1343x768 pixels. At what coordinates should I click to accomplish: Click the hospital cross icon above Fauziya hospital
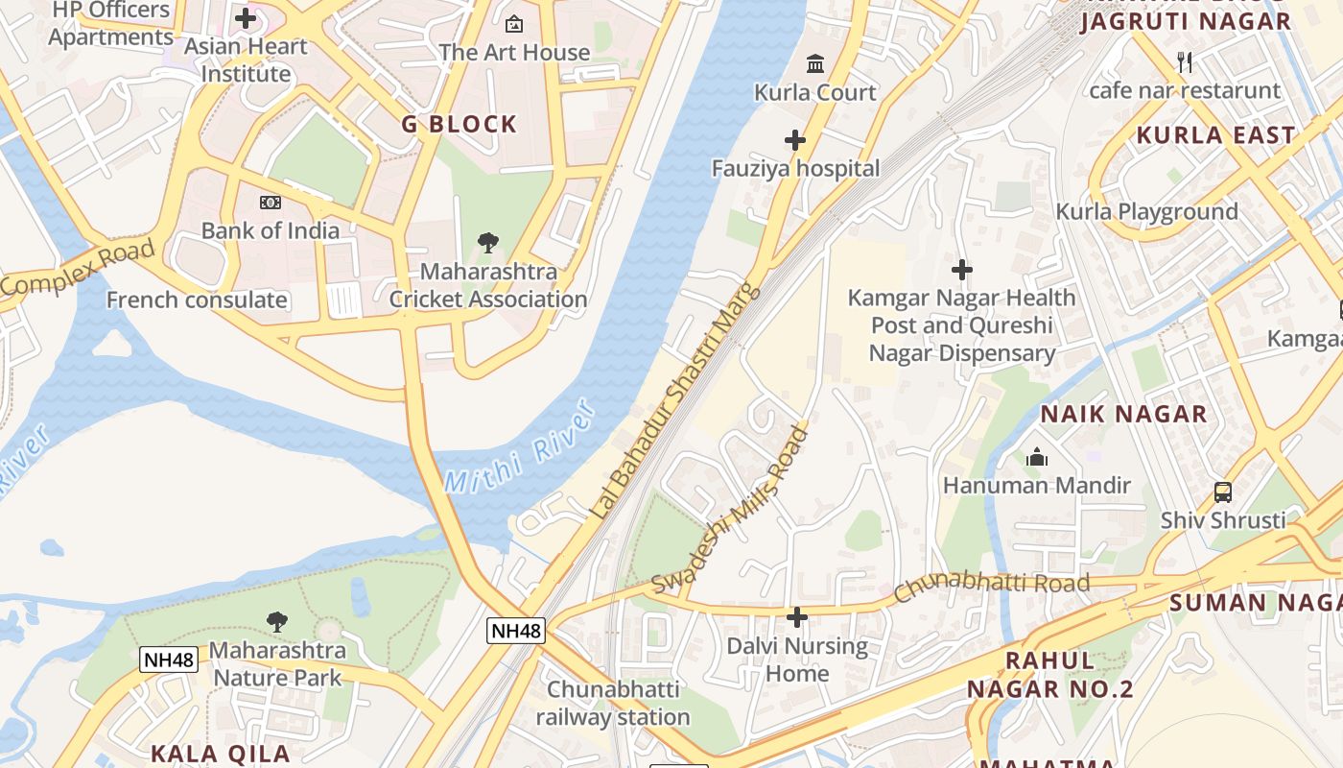(x=795, y=141)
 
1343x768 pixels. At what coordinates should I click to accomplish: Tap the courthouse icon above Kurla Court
(x=815, y=63)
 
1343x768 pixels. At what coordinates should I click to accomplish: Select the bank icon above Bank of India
(x=271, y=203)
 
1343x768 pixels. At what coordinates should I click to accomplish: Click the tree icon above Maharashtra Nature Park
(x=277, y=622)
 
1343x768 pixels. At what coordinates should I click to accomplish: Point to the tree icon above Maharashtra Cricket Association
(x=488, y=243)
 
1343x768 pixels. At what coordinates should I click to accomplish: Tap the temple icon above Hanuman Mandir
(x=1037, y=458)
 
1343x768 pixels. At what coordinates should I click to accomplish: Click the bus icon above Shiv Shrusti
(x=1223, y=492)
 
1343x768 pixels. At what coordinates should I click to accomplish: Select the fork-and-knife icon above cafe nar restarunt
(x=1185, y=62)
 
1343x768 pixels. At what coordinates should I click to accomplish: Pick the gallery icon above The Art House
(x=514, y=24)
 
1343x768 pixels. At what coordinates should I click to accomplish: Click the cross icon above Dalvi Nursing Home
(x=797, y=617)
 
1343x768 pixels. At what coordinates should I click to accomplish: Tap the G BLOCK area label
(x=459, y=124)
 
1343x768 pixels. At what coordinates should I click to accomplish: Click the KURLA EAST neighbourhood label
(x=1215, y=135)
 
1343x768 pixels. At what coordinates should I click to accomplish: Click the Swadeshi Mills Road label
(x=731, y=511)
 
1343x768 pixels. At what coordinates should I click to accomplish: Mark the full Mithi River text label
(x=522, y=449)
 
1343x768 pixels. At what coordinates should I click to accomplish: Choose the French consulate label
(x=197, y=300)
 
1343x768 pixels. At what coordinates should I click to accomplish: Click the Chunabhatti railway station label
(x=613, y=703)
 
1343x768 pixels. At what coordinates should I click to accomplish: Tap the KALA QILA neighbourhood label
(x=220, y=754)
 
